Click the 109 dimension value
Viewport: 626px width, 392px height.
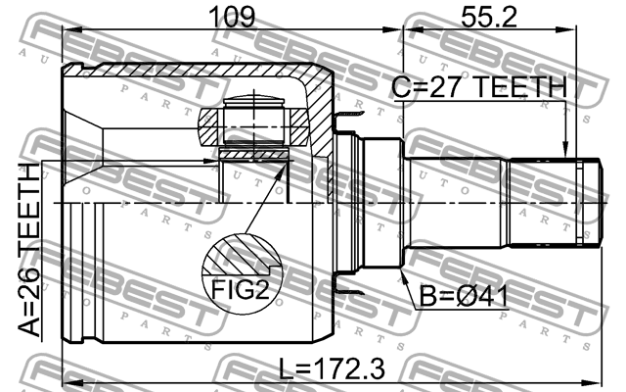(231, 17)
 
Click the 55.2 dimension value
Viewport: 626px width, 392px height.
(489, 17)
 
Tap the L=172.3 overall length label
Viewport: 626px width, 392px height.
(332, 368)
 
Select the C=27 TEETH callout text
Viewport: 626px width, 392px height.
(479, 87)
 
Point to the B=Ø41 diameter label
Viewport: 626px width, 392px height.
(464, 297)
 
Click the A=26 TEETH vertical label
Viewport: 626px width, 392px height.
(28, 250)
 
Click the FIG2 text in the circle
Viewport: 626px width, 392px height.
(240, 289)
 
